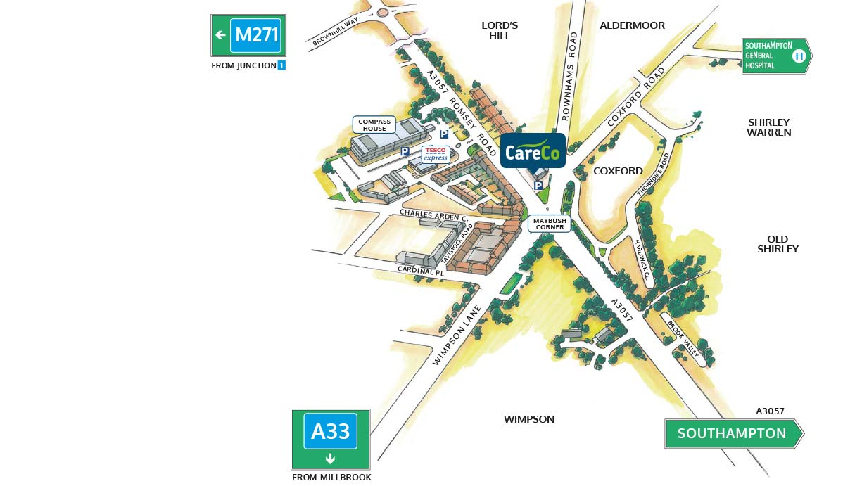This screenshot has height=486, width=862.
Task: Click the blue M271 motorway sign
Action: coord(257,35)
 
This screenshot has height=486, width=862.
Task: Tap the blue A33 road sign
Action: coord(330,430)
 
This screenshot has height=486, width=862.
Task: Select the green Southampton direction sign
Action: coord(732,433)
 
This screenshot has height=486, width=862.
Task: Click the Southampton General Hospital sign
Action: coord(775,56)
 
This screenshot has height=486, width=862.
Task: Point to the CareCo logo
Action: coord(533,151)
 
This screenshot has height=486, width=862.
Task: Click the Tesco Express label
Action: coord(435,155)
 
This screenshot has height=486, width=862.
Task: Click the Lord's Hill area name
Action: coord(500,30)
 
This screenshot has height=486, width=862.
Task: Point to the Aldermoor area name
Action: coord(632,25)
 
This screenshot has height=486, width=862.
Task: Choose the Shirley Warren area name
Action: coord(769,127)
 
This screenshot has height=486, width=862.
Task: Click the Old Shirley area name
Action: coord(778,244)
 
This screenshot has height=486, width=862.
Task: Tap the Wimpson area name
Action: coord(529,419)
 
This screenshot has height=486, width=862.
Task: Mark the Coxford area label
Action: coord(618,171)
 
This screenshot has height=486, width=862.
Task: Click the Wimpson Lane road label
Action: coord(456,335)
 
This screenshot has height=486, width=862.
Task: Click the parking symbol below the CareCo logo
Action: coord(538,186)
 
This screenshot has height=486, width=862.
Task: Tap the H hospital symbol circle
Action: coord(799,56)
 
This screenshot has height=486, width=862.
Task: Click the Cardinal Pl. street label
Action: coord(422,271)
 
